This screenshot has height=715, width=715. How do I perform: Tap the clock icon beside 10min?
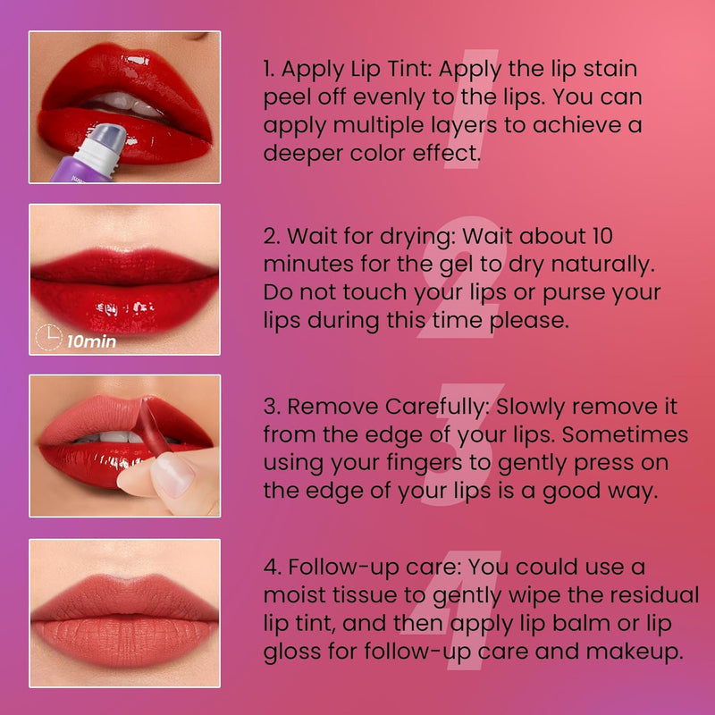(49, 338)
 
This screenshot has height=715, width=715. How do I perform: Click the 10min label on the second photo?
(91, 341)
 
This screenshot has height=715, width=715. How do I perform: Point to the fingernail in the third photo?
(172, 475)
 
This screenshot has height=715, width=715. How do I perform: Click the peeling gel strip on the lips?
(154, 426)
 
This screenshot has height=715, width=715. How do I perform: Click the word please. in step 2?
(529, 321)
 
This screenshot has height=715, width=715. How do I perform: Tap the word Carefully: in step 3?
(437, 408)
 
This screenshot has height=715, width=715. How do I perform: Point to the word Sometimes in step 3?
(625, 435)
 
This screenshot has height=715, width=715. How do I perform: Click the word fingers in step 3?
(424, 464)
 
